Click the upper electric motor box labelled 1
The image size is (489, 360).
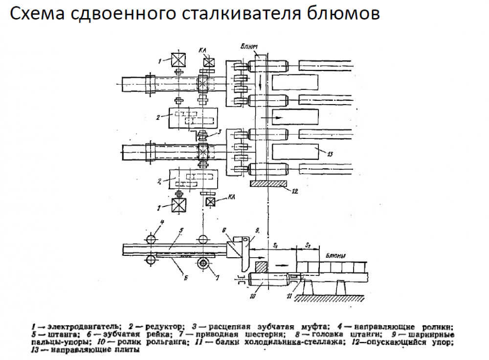click(x=178, y=61)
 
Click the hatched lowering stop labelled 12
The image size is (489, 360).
click(x=267, y=183)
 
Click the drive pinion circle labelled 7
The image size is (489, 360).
click(x=202, y=264)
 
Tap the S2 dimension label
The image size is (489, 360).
click(x=308, y=244)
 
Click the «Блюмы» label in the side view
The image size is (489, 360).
click(x=336, y=255)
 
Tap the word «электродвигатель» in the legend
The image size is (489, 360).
click(x=90, y=326)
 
